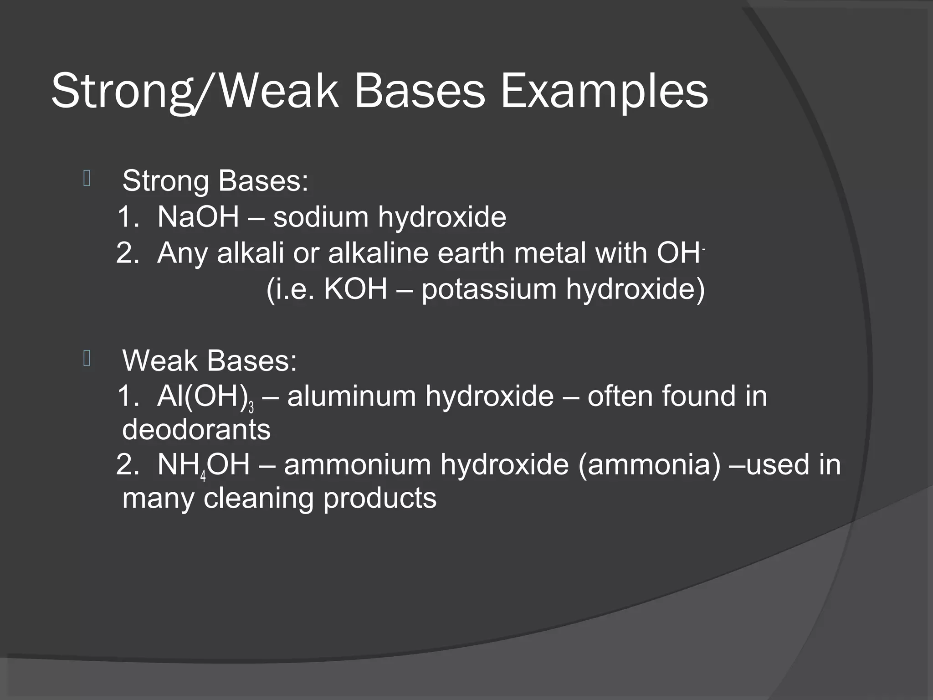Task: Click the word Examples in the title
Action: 604,92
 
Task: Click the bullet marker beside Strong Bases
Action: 87,179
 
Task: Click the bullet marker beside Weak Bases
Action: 87,359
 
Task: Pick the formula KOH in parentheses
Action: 355,288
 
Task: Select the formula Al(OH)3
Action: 205,397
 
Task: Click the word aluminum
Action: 351,396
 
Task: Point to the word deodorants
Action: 196,429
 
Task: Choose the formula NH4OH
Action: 203,465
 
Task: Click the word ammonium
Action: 357,465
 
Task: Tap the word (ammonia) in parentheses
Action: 650,465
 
